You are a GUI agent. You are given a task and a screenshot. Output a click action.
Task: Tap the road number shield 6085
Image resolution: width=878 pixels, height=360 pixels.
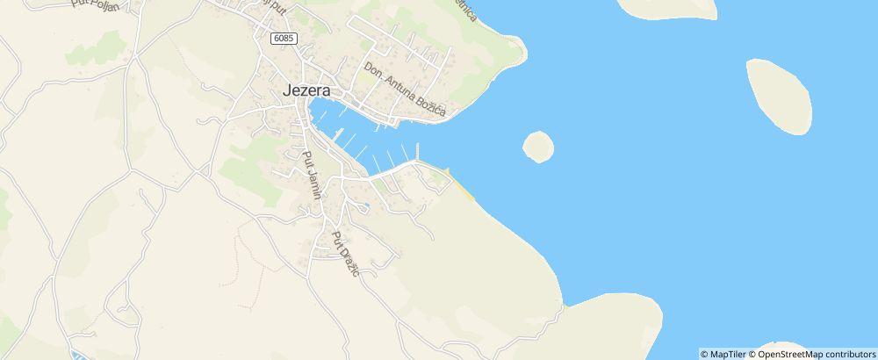tap(284, 39)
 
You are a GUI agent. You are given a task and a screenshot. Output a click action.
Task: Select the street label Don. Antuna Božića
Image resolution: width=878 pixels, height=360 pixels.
tap(406, 90)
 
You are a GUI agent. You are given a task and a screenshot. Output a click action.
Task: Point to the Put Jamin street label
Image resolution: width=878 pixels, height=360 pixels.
tap(311, 175)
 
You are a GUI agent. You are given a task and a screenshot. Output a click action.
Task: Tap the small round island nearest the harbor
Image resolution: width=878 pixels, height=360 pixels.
tap(538, 146)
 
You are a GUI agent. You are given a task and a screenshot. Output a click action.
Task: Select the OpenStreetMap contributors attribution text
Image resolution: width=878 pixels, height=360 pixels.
tap(816, 354)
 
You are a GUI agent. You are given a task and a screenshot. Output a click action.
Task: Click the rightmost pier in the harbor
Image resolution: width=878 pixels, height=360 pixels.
tap(417, 150)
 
